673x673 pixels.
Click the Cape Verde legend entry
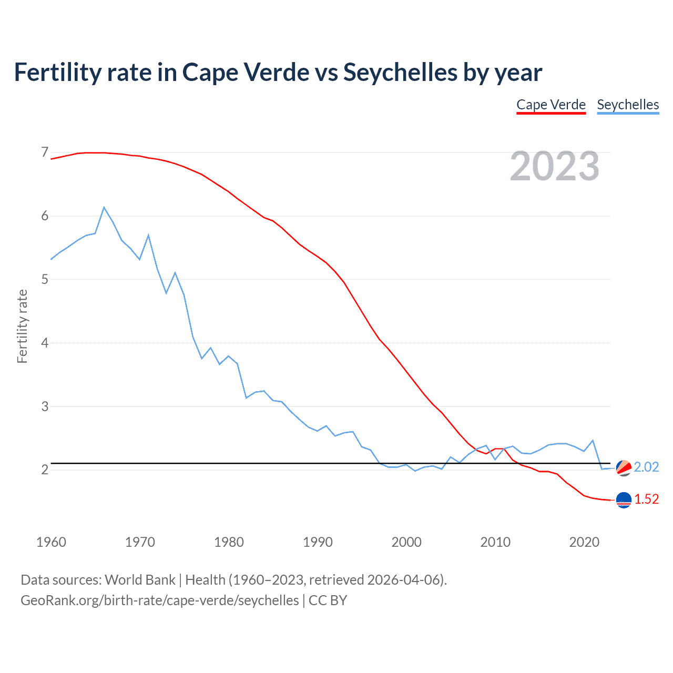(x=551, y=105)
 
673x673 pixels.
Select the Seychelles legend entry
(x=628, y=105)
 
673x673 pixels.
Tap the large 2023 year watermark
(x=555, y=166)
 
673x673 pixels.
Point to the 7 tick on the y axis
(x=45, y=152)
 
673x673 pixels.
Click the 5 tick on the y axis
(x=45, y=279)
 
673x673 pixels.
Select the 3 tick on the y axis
(x=45, y=406)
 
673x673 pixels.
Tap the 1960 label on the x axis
(x=51, y=542)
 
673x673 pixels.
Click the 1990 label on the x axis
(x=318, y=542)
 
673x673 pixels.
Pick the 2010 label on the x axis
(x=495, y=542)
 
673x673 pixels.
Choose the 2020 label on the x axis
(x=584, y=542)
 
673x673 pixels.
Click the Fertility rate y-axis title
(x=22, y=326)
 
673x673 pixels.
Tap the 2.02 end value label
(x=646, y=467)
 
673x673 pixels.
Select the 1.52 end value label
(x=646, y=499)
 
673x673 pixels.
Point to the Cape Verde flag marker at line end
(x=624, y=500)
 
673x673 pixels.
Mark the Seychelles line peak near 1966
(x=104, y=207)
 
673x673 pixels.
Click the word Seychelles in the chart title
(x=400, y=72)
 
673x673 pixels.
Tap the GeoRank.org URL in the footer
(x=159, y=600)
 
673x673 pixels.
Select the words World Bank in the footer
(x=140, y=580)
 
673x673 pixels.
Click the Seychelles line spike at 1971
(x=148, y=235)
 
